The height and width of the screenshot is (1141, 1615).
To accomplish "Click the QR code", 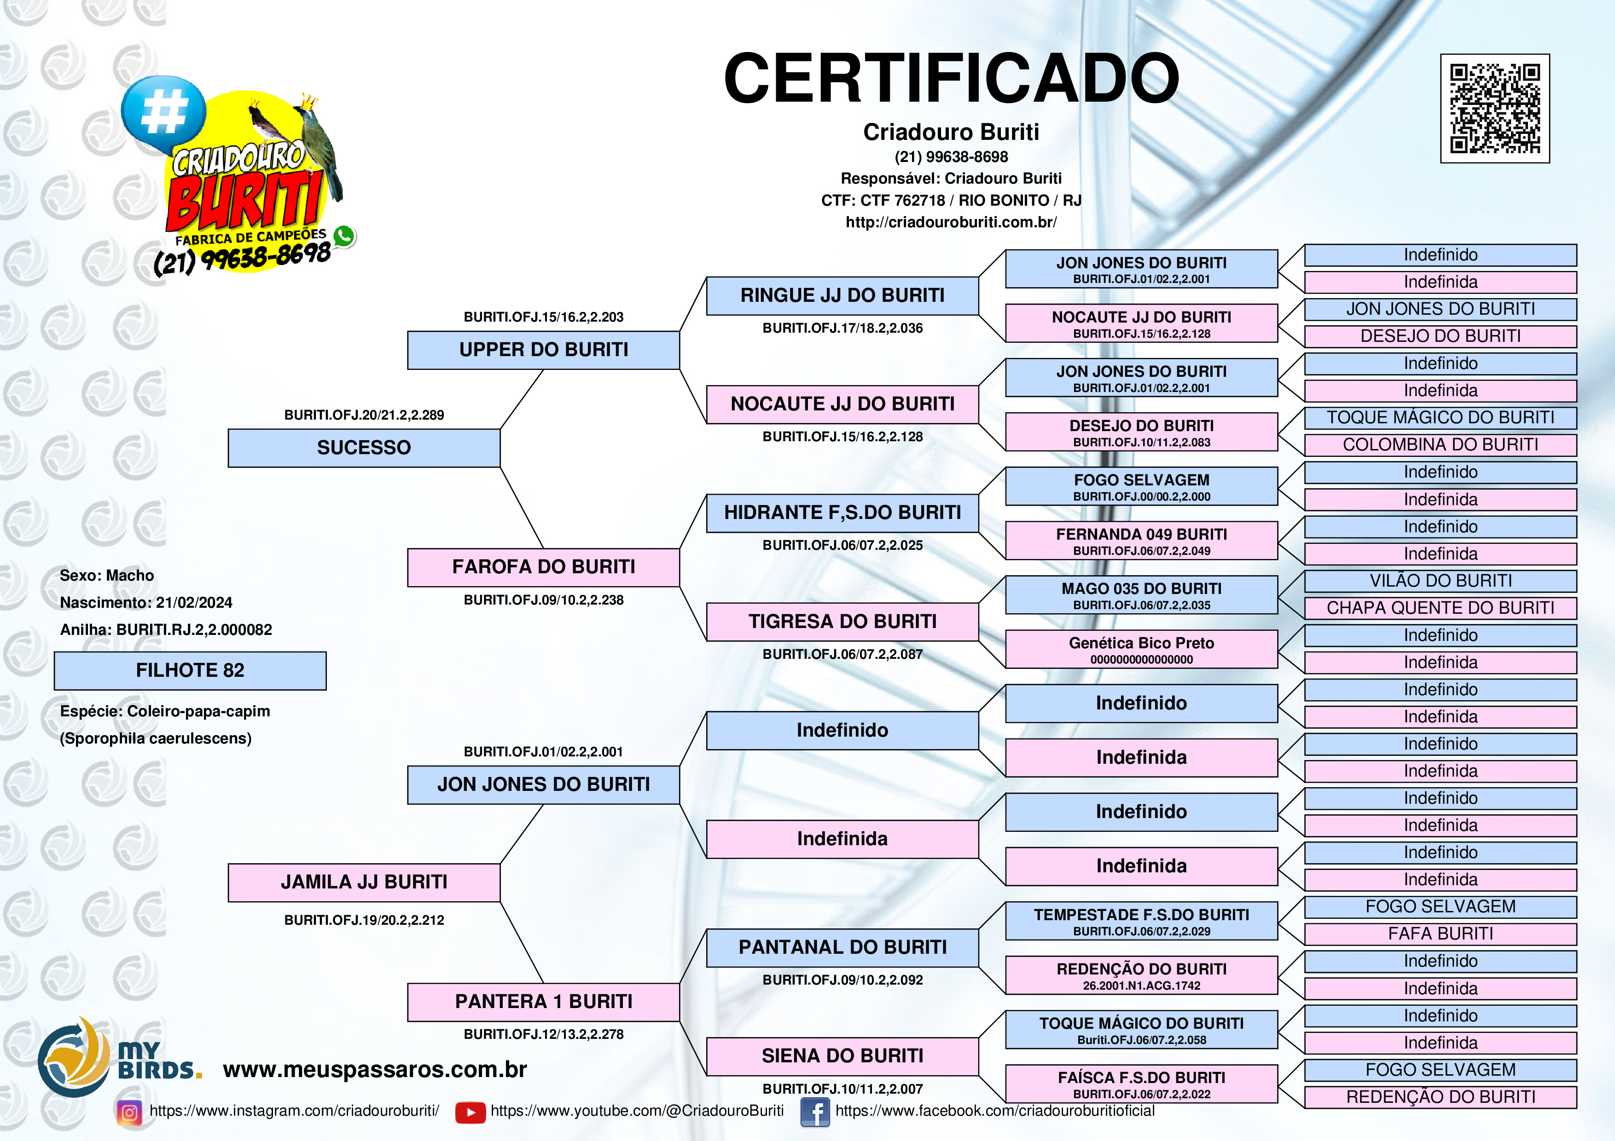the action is click(x=1495, y=108).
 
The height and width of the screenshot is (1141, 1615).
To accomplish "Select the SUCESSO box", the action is click(x=364, y=448).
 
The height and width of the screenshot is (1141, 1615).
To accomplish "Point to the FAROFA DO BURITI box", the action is click(x=543, y=567).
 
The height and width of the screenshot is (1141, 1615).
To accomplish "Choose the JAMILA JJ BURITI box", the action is click(x=364, y=882).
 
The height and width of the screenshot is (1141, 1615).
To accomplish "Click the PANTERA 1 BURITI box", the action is click(x=543, y=1002).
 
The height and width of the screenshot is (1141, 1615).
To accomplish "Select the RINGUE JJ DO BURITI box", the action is click(x=842, y=296).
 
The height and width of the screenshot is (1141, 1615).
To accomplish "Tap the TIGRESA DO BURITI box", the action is click(x=842, y=622).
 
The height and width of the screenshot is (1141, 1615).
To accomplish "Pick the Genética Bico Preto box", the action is click(x=1142, y=649).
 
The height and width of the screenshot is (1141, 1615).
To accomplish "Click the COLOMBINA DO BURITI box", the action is click(x=1441, y=445).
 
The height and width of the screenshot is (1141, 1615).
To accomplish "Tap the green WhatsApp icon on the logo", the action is click(x=344, y=236).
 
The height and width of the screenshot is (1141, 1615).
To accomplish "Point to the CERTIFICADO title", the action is click(x=951, y=78).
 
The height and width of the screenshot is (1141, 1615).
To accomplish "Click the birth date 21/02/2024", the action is click(x=194, y=603).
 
